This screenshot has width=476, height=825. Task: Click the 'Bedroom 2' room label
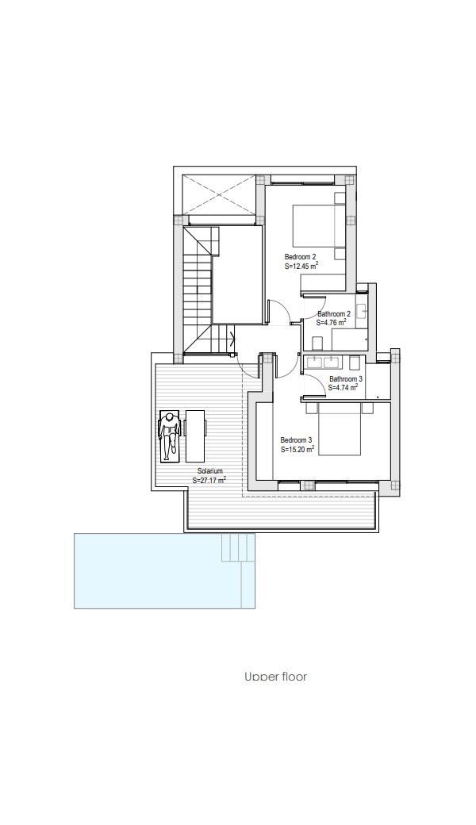[301, 257]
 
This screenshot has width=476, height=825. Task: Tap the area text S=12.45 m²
[301, 267]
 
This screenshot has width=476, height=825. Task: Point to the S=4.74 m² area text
[343, 387]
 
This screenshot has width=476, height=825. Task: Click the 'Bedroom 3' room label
[296, 439]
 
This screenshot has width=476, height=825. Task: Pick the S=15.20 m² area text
[297, 449]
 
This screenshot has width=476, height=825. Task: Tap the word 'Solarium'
[210, 471]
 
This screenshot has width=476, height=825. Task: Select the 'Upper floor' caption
[275, 676]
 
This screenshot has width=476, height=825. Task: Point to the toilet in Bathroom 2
[317, 343]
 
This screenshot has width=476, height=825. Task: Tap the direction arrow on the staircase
[232, 340]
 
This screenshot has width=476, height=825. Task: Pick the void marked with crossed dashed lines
[217, 196]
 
